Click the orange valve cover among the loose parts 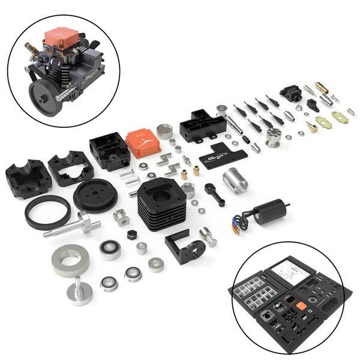142,143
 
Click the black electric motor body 269,211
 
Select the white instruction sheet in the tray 293,277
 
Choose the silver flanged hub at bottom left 79,293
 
